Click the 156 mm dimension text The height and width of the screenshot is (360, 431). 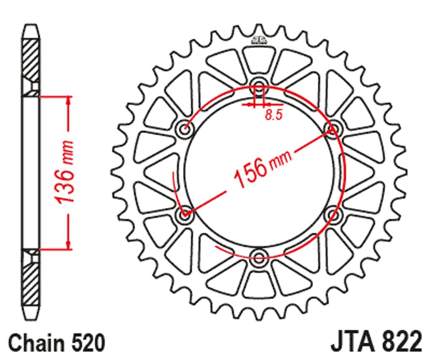tap(263, 168)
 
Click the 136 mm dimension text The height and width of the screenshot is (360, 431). tap(64, 173)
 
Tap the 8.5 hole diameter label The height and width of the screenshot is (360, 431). tap(274, 115)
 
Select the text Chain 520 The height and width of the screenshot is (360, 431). tap(57, 343)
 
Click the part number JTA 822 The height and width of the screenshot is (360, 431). tap(376, 342)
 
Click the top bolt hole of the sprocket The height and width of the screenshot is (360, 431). tap(259, 85)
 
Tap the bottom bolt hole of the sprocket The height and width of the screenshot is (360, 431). tap(259, 257)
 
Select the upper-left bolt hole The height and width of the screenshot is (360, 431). tap(184, 128)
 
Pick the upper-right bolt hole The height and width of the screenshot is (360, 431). tap(333, 128)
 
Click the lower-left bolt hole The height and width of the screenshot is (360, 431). tap(184, 214)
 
